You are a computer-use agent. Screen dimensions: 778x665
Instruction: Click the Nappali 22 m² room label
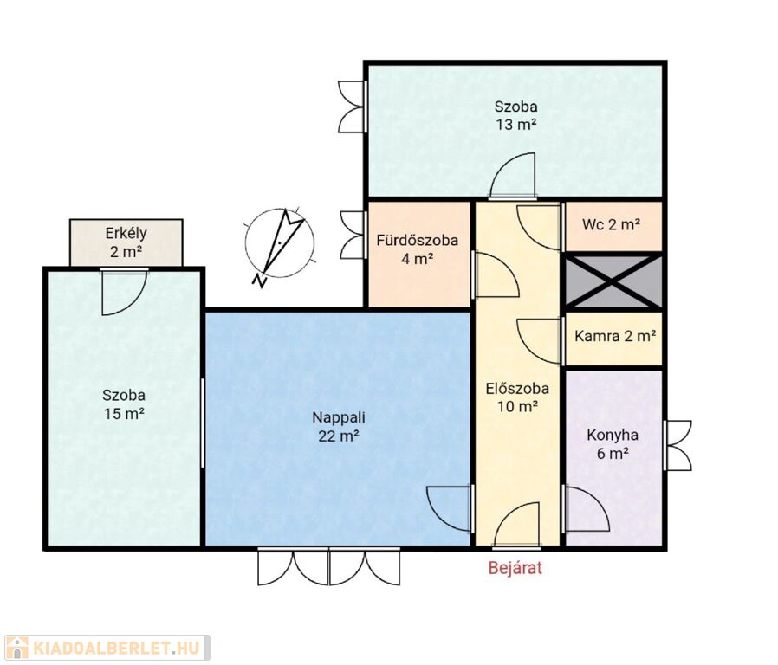(339, 427)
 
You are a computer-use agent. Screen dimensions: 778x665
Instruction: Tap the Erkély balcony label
(126, 242)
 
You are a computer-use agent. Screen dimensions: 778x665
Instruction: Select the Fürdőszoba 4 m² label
(418, 249)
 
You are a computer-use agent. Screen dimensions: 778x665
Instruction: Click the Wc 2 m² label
(612, 224)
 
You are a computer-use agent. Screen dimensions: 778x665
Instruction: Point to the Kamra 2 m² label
(615, 336)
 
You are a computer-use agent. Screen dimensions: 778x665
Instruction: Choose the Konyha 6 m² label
(613, 444)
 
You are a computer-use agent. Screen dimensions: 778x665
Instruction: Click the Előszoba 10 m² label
(517, 397)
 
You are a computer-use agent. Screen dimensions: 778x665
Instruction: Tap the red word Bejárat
(515, 567)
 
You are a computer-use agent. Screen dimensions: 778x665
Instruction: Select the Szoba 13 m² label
(516, 115)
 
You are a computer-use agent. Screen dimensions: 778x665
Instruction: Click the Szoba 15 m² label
(124, 404)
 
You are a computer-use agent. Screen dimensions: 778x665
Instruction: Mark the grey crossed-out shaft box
(614, 281)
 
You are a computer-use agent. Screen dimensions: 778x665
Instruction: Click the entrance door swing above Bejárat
(516, 525)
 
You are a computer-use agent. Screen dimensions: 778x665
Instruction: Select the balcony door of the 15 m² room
(124, 293)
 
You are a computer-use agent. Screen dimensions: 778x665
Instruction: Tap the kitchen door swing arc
(587, 507)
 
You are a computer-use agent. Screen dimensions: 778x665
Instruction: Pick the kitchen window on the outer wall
(678, 445)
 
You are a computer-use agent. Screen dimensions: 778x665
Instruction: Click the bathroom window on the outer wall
(353, 234)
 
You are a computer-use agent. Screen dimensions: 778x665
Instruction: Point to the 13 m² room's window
(353, 107)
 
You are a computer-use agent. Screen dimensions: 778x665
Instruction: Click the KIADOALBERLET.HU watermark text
(117, 648)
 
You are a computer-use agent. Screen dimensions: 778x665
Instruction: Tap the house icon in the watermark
(16, 648)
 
